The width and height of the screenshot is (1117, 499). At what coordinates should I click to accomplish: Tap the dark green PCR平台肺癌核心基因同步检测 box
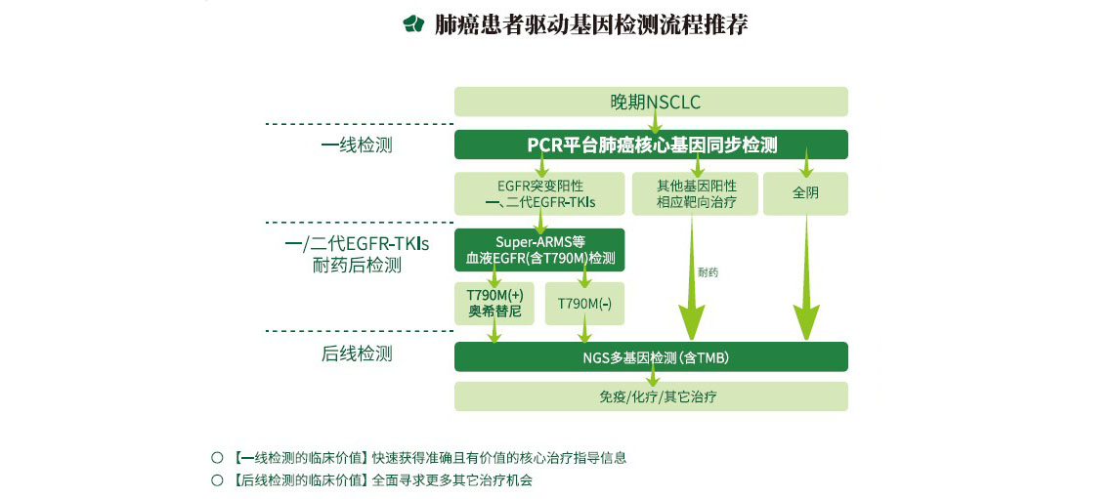coord(651,145)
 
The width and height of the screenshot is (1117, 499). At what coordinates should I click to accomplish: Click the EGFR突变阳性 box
coord(539,194)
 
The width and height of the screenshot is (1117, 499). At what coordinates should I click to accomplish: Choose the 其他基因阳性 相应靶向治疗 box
coord(696,194)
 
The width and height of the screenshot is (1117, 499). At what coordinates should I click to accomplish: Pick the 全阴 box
coord(805,193)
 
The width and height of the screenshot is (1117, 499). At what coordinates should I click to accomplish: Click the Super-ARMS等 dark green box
coord(539,250)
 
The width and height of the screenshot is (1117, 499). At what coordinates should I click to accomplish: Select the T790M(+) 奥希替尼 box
coord(494,304)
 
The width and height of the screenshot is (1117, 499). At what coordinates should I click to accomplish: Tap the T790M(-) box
coord(584,304)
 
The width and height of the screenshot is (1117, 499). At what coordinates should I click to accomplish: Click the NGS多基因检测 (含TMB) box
coord(651,357)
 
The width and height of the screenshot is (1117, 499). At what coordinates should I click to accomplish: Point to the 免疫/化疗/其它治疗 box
coord(651,396)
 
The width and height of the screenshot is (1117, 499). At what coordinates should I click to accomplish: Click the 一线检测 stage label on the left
coord(357,146)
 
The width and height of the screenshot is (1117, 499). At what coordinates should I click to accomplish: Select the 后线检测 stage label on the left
coord(357,354)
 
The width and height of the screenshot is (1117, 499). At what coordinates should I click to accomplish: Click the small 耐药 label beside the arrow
coord(709,272)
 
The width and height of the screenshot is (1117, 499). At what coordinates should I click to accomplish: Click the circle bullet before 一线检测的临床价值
coord(218,457)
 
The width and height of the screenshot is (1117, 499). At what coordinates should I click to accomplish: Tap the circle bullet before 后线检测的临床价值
coord(218,480)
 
